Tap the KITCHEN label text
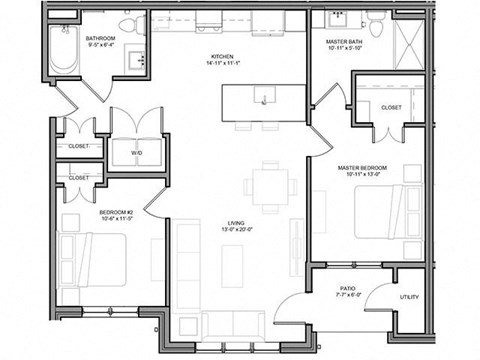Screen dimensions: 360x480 [x=221, y=56]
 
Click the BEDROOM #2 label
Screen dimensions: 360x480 [x=117, y=213]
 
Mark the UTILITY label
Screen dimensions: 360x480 [x=409, y=297]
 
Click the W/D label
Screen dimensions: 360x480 [x=137, y=153]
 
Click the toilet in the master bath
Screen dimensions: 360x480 [x=375, y=25]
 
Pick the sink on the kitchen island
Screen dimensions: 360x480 [x=263, y=98]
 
